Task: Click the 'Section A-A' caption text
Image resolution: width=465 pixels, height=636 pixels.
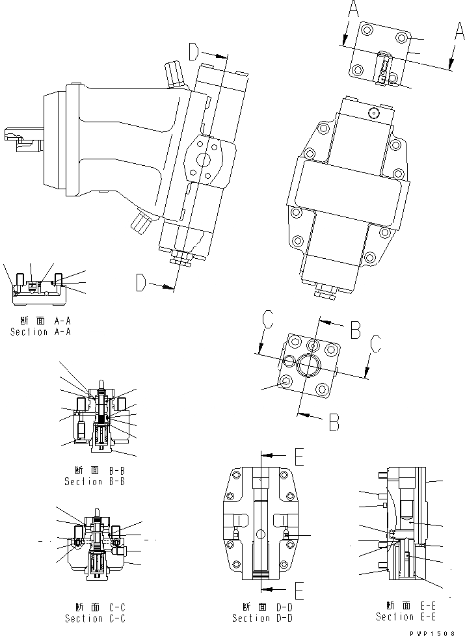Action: (40, 332)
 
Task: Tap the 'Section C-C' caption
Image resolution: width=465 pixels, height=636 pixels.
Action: (94, 618)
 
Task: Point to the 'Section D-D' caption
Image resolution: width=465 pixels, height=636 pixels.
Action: (263, 618)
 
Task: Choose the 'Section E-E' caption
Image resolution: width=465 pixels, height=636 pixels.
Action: (405, 616)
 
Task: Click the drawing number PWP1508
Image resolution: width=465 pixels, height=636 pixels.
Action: (437, 631)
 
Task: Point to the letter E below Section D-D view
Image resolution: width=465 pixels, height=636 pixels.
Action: (299, 590)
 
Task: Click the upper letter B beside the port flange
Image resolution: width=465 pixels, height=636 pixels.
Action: (354, 330)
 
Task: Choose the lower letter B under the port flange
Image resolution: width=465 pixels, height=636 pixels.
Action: (333, 423)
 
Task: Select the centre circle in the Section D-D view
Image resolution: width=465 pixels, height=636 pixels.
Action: (261, 535)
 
